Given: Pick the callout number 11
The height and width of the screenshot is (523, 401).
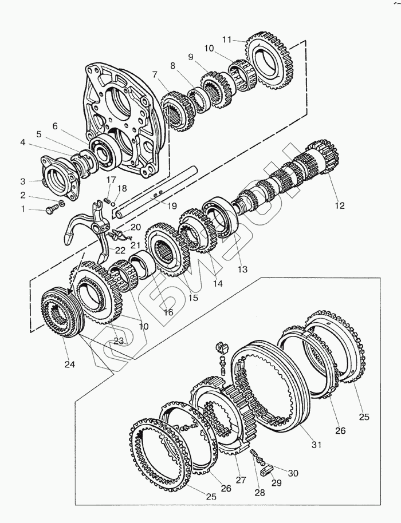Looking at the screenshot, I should point(227,39).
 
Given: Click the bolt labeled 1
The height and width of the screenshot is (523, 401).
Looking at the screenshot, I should point(52,210).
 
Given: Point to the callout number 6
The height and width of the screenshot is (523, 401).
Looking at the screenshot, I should point(55,125).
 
